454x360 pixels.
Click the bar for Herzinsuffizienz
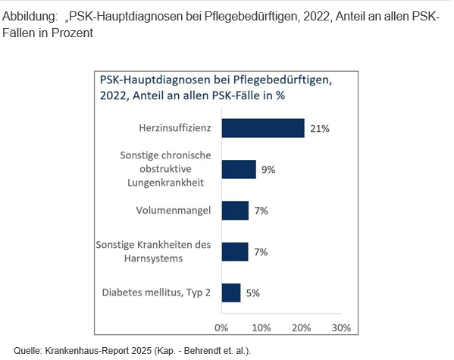263,128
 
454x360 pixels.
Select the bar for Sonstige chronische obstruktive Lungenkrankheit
239,169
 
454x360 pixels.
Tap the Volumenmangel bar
235,211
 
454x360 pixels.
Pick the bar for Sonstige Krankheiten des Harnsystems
235,252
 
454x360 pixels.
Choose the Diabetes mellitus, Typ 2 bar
231,293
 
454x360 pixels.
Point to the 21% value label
320,129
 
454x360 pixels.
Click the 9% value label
268,170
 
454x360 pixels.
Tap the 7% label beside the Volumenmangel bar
261,211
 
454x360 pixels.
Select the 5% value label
252,293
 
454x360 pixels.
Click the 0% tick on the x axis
221,328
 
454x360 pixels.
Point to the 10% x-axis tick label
261,328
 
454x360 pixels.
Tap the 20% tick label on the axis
302,328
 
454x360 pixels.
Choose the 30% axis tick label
341,328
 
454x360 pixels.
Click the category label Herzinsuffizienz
175,128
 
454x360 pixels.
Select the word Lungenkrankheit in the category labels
166,183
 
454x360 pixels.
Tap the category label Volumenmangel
174,211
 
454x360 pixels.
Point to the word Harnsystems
153,258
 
